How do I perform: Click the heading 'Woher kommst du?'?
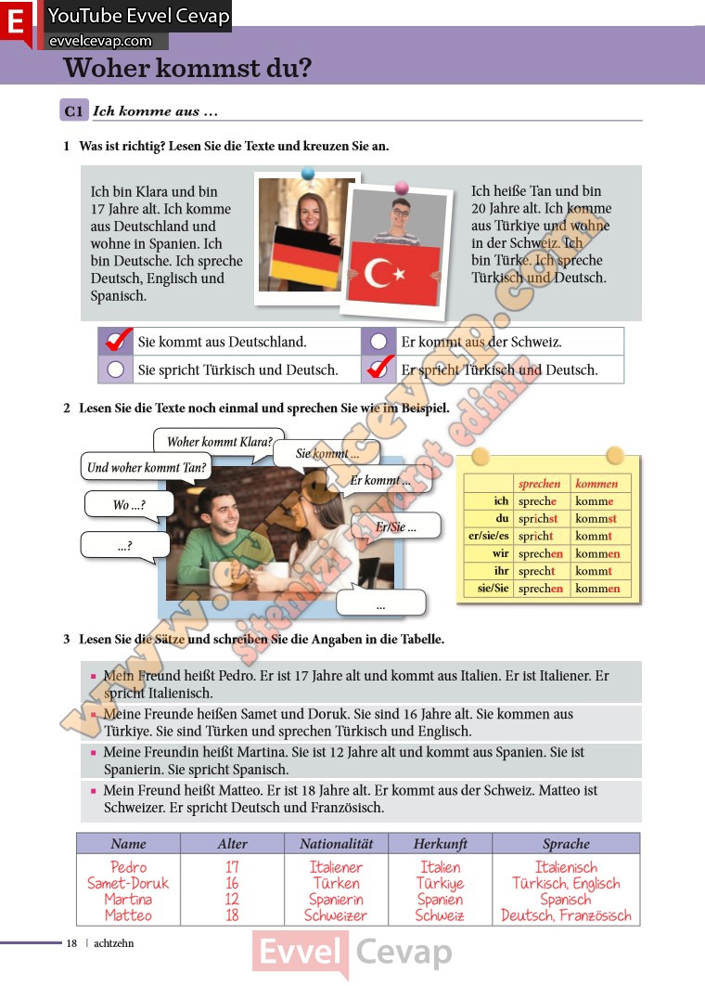187,68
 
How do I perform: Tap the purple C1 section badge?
74,111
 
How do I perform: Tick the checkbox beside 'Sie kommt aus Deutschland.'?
116,342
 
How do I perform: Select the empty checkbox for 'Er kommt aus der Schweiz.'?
378,342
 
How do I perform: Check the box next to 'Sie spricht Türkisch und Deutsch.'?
116,370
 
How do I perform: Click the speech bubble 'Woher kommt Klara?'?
219,442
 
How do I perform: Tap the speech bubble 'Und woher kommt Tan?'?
147,467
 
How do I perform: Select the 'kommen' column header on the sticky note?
596,484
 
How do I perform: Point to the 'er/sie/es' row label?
489,537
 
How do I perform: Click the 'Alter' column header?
232,844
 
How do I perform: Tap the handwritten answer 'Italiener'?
336,867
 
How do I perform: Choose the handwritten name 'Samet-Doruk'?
128,883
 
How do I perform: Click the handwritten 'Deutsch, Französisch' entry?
566,915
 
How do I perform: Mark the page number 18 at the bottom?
71,943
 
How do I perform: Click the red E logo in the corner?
16,22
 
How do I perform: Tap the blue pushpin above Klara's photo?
308,174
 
